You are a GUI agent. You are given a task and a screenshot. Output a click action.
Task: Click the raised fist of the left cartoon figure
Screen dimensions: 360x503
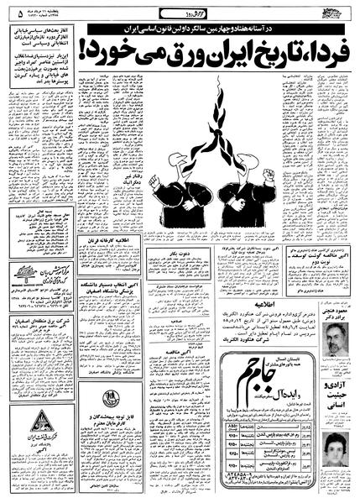point(154,181)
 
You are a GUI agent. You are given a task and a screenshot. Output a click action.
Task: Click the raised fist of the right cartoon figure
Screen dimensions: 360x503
point(268,176)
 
